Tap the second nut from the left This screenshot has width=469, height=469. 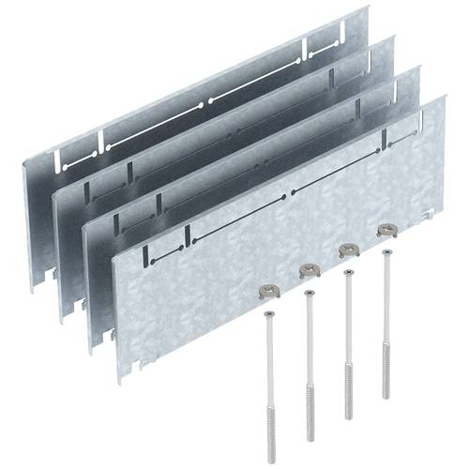pos(308,270)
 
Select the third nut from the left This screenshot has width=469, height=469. pos(347,248)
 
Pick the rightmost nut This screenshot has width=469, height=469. pos(385,228)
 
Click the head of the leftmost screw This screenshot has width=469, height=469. pos(270,315)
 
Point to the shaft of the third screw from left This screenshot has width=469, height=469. pos(348,328)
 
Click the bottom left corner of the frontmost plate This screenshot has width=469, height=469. pos(120,382)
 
